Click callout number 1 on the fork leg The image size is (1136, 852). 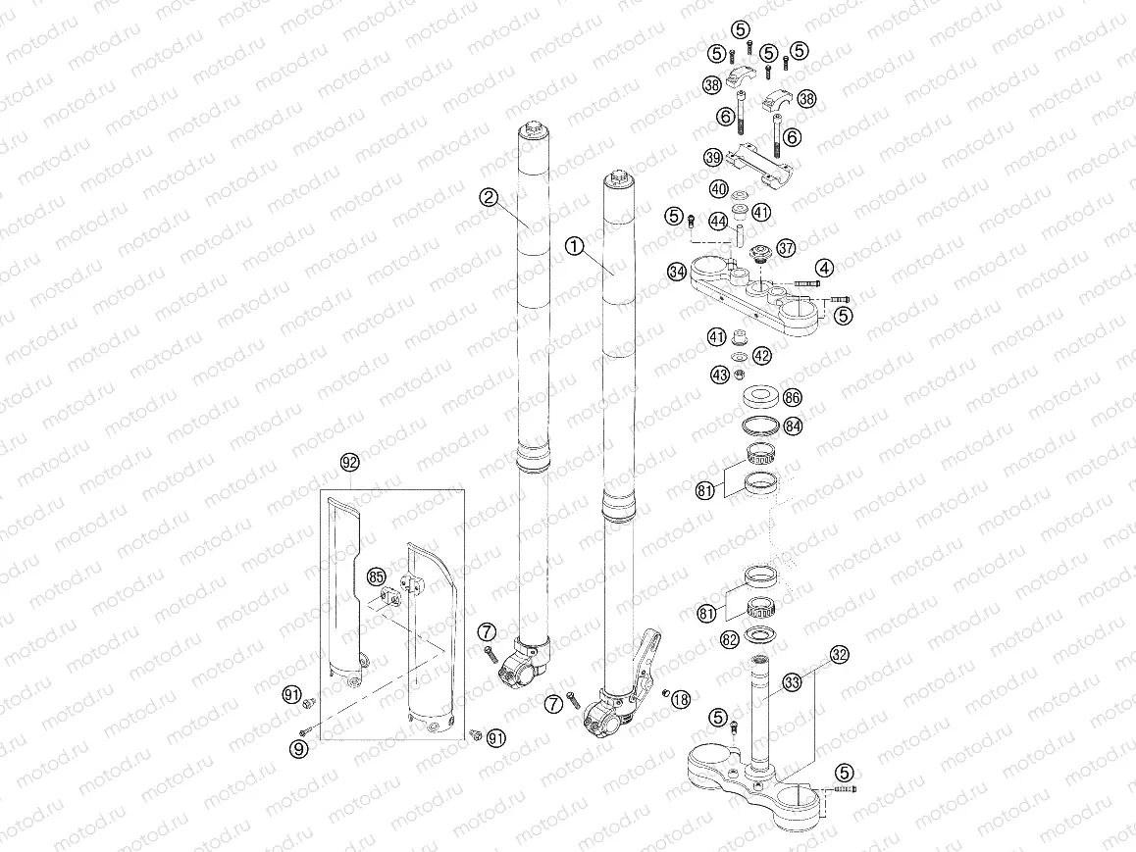tap(574, 246)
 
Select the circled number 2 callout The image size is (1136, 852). tap(488, 197)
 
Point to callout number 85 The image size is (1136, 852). tap(376, 576)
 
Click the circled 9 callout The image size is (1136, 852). tap(299, 749)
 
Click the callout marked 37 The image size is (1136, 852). tap(785, 248)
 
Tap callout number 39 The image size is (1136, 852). tap(713, 158)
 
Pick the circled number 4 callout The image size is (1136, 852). tap(825, 268)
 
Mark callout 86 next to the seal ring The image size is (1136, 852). tap(793, 398)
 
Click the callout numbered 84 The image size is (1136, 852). tap(793, 426)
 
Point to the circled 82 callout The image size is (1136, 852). tap(729, 639)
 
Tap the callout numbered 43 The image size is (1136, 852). tap(720, 374)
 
